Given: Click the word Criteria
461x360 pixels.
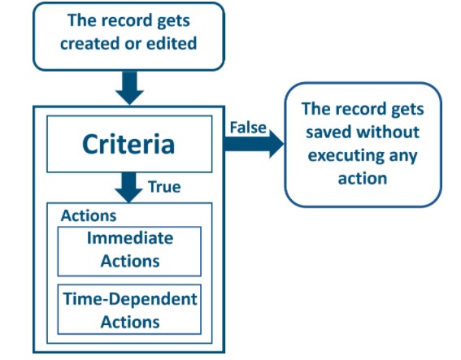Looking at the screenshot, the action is (x=128, y=144).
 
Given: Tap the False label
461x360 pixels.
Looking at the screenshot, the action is (x=248, y=128).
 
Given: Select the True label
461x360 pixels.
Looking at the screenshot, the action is (x=164, y=187).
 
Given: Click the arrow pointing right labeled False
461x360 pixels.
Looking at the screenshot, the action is (x=254, y=144).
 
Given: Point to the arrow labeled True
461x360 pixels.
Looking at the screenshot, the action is (x=128, y=187).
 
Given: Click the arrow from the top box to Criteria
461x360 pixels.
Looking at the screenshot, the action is (x=129, y=88).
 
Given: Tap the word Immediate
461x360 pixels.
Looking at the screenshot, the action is (x=130, y=238).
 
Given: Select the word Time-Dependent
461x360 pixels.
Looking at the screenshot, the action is (x=130, y=299).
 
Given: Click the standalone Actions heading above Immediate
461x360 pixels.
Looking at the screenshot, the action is (x=89, y=215).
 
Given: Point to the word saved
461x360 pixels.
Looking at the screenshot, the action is (x=328, y=132).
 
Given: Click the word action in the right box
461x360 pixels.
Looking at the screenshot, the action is (x=363, y=179).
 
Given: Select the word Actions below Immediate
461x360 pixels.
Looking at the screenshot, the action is (x=130, y=261).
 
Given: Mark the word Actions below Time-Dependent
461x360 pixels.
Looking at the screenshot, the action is (x=130, y=322).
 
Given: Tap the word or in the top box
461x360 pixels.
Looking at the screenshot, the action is (x=132, y=44).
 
